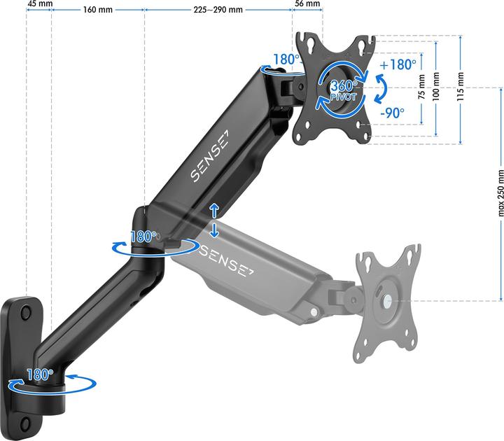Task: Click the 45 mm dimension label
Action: tap(39, 3)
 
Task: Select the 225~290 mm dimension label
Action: tap(218, 10)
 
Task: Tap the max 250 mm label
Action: tap(500, 193)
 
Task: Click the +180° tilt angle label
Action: tap(397, 64)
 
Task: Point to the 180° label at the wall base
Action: tap(40, 374)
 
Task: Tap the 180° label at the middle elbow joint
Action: tap(143, 237)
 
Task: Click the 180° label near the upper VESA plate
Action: tap(286, 60)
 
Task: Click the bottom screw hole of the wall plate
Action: tap(27, 423)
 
